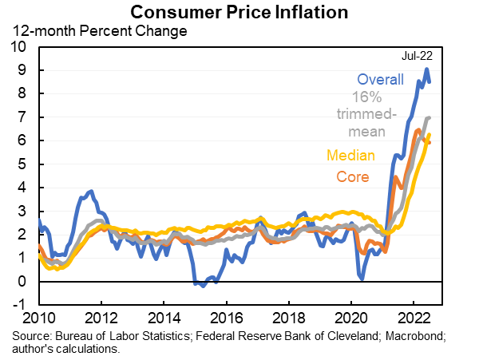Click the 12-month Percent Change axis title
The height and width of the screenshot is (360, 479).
[98, 32]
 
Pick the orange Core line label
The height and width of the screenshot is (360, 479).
[352, 176]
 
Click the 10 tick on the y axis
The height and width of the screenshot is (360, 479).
[18, 47]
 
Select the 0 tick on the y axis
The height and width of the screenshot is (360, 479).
[22, 282]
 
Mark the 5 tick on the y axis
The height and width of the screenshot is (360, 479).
[22, 164]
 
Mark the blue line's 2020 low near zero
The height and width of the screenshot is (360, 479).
[362, 279]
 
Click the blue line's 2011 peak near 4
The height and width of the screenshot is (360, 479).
[91, 192]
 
